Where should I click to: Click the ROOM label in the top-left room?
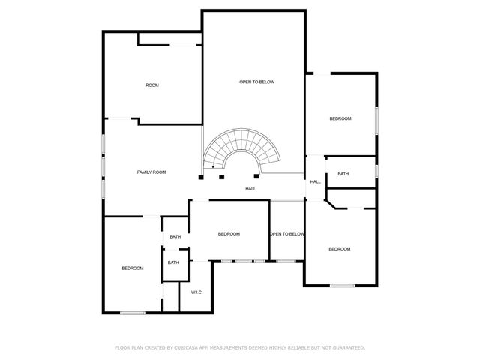[151, 85]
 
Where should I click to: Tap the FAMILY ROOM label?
[151, 172]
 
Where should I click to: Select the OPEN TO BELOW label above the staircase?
[256, 82]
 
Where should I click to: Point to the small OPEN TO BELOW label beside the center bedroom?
[287, 234]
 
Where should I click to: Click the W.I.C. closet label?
[196, 292]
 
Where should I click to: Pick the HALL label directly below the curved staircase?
[250, 189]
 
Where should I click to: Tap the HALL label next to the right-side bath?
[316, 182]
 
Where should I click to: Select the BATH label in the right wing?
[343, 174]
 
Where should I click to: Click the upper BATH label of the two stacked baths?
[175, 237]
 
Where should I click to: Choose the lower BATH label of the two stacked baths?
[173, 262]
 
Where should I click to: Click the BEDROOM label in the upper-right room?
[340, 119]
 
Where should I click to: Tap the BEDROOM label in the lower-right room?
[339, 249]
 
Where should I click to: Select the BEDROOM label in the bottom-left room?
[133, 268]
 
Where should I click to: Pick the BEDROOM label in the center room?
[229, 234]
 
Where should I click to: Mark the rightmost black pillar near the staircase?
[256, 177]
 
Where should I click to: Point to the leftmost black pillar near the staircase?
[201, 178]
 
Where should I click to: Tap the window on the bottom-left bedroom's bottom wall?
[133, 312]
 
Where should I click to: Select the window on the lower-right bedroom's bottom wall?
[342, 285]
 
